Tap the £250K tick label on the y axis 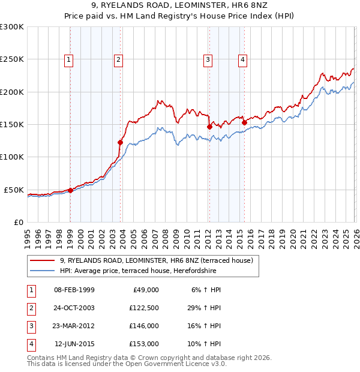click(12, 59)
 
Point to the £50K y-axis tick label click(14, 190)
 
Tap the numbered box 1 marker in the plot click(70, 59)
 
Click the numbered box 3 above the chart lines click(208, 59)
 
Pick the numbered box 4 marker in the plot click(242, 59)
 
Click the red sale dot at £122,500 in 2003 click(121, 142)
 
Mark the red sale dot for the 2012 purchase click(209, 127)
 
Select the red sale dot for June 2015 click(244, 122)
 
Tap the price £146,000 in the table click(144, 326)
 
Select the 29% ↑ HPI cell click(205, 308)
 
